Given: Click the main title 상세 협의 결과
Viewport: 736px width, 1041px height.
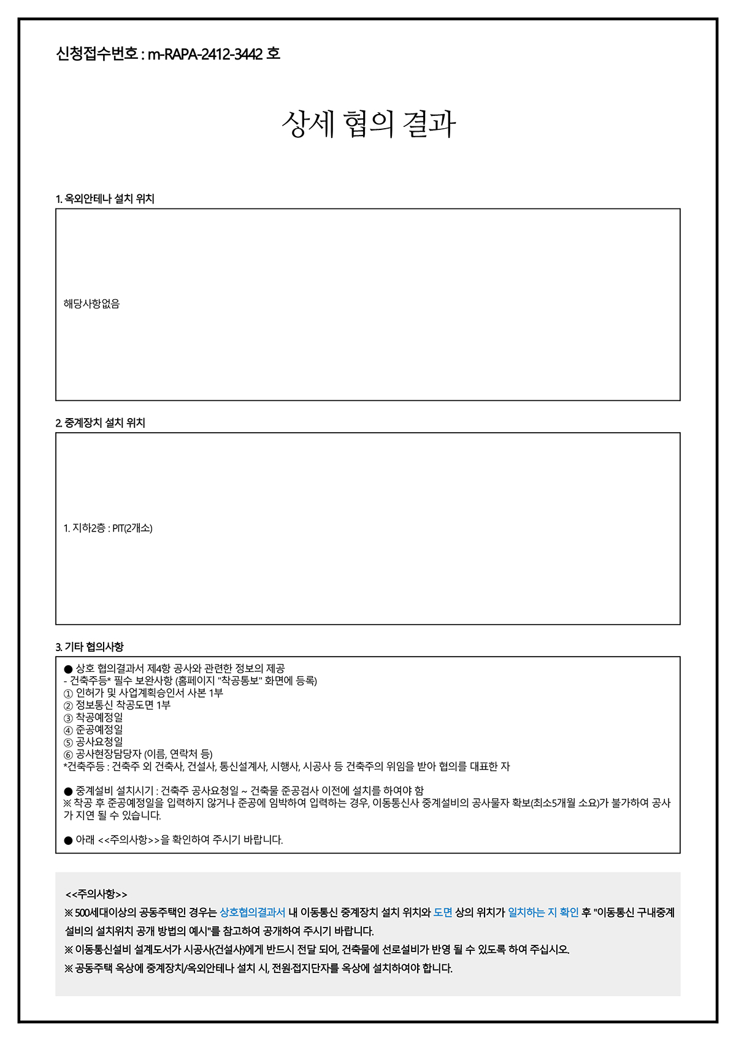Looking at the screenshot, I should click(x=369, y=124).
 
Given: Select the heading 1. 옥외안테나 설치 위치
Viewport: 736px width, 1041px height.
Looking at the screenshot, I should click(x=105, y=199).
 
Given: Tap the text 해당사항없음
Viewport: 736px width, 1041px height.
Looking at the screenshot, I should click(x=91, y=303).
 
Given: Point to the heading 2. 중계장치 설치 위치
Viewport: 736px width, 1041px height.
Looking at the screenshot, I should click(x=101, y=422).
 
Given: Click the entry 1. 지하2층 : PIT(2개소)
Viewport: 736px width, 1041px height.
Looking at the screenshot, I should click(x=108, y=528).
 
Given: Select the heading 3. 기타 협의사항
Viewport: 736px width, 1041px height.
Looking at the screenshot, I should click(x=90, y=646).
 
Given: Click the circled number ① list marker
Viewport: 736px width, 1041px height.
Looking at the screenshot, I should click(x=68, y=693).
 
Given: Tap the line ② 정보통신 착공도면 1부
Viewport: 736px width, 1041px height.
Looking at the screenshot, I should click(x=117, y=705).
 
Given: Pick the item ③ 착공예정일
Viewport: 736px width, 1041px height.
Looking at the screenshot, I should click(x=93, y=717).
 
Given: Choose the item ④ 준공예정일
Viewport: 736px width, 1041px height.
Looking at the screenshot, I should click(x=93, y=730).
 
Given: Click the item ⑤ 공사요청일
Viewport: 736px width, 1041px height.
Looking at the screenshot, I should click(x=93, y=742).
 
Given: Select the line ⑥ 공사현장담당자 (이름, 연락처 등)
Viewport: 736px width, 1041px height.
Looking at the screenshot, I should click(x=138, y=754).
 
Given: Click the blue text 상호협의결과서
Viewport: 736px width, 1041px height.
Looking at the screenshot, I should click(x=252, y=912).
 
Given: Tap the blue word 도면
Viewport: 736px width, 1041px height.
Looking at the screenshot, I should click(x=443, y=912).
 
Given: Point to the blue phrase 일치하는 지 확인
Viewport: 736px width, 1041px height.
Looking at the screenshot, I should click(x=543, y=912).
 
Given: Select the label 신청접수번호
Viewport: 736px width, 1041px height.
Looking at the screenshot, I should click(x=97, y=54).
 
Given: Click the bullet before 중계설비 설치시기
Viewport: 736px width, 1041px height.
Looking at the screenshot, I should click(x=68, y=791).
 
